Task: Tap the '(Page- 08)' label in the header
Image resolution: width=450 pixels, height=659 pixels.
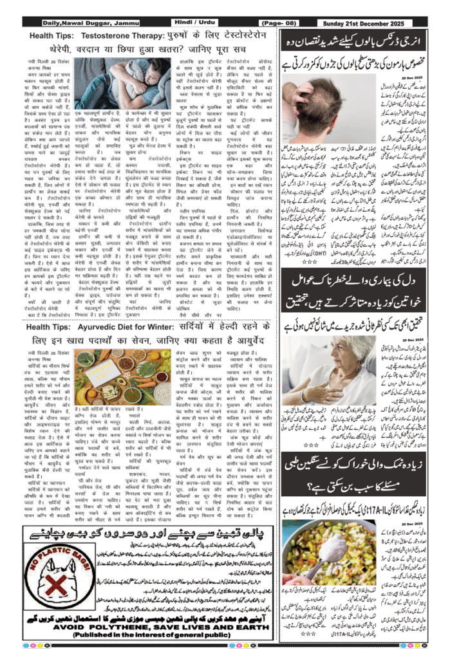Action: pos(284,24)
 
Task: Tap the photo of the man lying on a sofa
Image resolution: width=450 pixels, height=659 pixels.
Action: pos(122,83)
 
